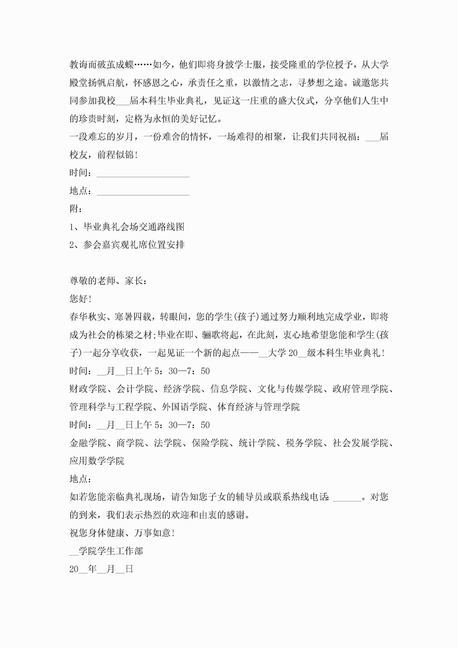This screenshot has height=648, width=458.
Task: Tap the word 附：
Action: click(76, 209)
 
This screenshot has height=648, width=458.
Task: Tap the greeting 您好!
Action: click(80, 299)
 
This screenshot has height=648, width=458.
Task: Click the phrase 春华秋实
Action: click(88, 317)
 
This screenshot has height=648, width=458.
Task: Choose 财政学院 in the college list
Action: click(88, 389)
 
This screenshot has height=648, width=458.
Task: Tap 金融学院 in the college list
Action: click(88, 443)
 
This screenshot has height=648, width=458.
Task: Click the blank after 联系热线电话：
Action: click(347, 497)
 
